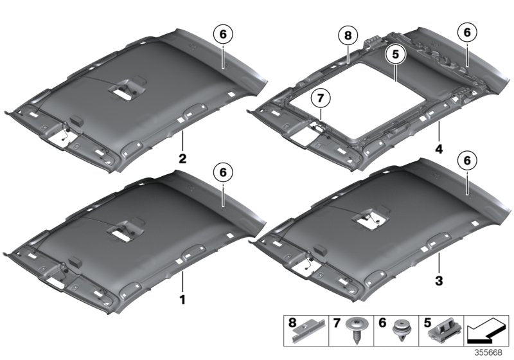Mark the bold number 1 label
click(182, 299)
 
